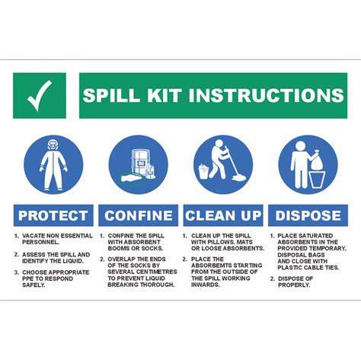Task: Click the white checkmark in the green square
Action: (40, 95)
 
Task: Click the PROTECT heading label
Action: (53, 215)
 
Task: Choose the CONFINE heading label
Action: (139, 215)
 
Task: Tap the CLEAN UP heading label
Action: (223, 215)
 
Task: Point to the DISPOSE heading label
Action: (308, 215)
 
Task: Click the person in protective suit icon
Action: (53, 164)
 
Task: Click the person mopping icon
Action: (223, 164)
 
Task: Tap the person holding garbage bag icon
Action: (308, 164)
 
